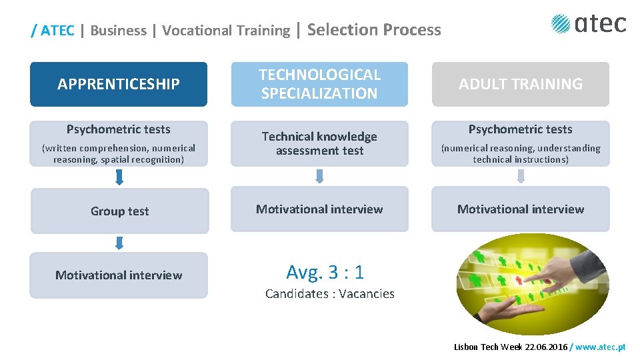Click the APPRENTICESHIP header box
click(119, 84)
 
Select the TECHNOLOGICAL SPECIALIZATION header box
click(319, 84)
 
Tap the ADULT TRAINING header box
click(520, 84)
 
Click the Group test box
click(120, 211)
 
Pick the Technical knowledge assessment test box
click(319, 143)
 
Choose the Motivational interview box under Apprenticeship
click(119, 275)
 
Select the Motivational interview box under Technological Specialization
click(319, 209)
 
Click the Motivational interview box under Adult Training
click(520, 209)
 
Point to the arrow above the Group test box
click(119, 177)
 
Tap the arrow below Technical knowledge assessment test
click(319, 176)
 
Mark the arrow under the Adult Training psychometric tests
click(521, 176)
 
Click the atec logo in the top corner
click(589, 24)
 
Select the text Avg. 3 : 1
click(325, 271)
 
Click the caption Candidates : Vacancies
click(329, 293)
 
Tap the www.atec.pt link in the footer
click(601, 347)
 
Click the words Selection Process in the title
click(374, 29)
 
